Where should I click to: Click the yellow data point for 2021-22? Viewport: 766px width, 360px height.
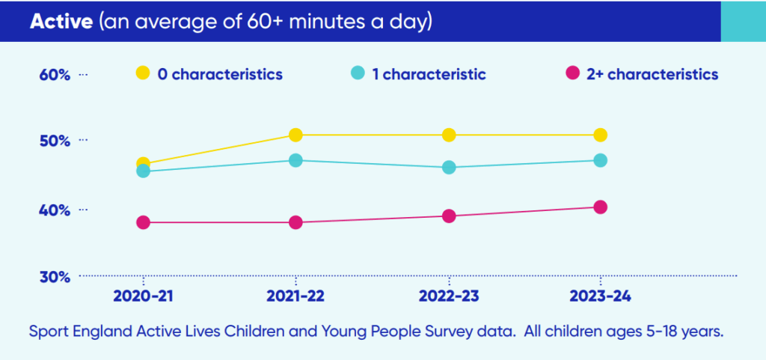coord(295,135)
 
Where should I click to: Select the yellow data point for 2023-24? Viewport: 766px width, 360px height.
coord(600,135)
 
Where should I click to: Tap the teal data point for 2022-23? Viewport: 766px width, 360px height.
coord(449,168)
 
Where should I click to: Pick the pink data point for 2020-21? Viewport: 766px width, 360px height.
coord(144,222)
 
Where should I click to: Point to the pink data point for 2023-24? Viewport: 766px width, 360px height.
coord(600,207)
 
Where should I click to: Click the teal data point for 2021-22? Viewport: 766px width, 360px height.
coord(295,160)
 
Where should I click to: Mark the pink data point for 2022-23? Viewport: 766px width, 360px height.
coord(449,216)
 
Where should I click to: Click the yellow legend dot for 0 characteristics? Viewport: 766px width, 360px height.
coord(142,73)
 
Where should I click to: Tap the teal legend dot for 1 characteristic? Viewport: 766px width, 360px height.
coord(358,73)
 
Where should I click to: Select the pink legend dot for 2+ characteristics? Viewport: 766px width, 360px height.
coord(573,73)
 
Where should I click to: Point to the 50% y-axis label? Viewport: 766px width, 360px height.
coord(55,141)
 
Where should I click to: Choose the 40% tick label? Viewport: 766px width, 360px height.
coord(55,210)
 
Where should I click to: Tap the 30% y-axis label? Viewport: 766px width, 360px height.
coord(55,276)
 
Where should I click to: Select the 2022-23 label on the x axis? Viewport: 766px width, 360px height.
coord(449,296)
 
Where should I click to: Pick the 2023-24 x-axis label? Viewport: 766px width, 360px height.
coord(600,296)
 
